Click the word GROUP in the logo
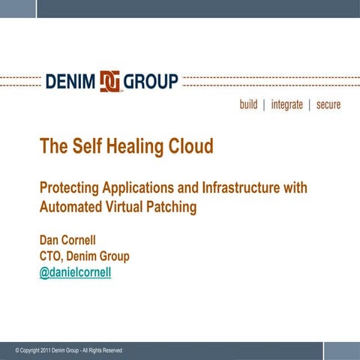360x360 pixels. (153, 81)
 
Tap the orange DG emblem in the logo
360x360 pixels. (110, 81)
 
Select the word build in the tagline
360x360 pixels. (248, 105)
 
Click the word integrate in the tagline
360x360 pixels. (286, 105)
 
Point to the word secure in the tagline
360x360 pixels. (328, 105)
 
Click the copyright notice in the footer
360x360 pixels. (68, 350)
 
